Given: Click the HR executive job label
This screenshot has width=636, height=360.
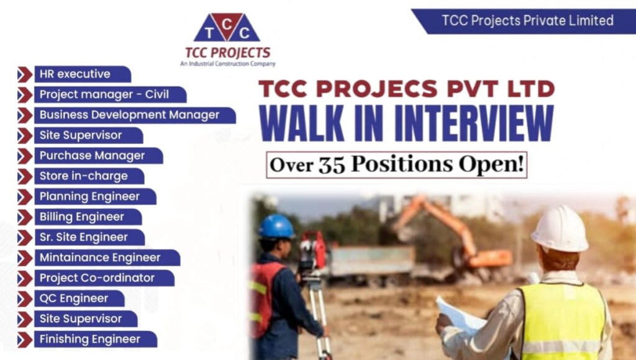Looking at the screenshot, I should click(75, 74).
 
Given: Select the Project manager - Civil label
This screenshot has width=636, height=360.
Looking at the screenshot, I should click(103, 94).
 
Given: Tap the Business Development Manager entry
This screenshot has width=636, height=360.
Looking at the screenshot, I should click(129, 115).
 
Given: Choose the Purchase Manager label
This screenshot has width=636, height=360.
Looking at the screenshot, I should click(92, 156).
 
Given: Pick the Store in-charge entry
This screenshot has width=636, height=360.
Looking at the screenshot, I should click(83, 176).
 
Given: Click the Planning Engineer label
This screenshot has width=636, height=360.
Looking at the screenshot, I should click(89, 197).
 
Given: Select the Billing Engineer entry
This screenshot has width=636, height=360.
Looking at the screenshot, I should click(82, 217).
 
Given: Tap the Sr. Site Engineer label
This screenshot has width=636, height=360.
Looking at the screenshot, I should click(83, 237).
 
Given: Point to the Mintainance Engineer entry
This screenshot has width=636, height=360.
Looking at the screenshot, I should click(100, 258).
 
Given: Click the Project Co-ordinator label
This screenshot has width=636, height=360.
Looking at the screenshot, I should click(98, 278).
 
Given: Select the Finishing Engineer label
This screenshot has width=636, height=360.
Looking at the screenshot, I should click(90, 340).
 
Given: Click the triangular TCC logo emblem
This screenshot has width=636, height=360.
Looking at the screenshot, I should click(227, 29).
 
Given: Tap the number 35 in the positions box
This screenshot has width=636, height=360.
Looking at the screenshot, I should click(335, 164).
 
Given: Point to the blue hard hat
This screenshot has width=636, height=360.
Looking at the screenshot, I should click(276, 227).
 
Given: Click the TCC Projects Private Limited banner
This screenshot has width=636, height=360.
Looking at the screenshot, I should click(527, 20).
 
